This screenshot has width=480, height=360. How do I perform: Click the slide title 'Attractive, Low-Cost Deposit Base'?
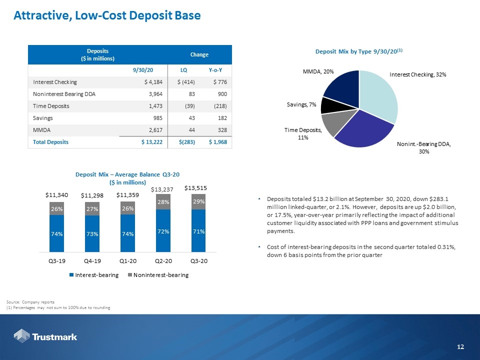tap(107, 15)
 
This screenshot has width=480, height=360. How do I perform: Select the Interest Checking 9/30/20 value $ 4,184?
tap(153, 82)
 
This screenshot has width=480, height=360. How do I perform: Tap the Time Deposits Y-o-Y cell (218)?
tap(220, 106)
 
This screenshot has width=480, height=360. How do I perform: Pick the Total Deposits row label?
tap(51, 142)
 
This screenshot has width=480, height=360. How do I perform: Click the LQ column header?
tap(183, 70)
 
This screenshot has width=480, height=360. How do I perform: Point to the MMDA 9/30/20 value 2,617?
tap(156, 130)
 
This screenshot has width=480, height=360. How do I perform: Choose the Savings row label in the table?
tap(43, 118)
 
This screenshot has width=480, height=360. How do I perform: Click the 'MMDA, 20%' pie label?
tap(318, 71)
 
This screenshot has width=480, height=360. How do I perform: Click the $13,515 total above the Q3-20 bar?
tap(195, 188)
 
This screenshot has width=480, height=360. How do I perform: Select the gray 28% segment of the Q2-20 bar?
tap(163, 201)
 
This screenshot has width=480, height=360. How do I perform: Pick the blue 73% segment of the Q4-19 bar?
tap(92, 234)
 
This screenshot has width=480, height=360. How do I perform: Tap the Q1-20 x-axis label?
tap(128, 261)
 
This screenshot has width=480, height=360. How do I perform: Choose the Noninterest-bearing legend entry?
tap(158, 275)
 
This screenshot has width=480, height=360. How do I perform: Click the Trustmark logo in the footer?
tap(45, 336)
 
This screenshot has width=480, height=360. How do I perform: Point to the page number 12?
tap(460, 346)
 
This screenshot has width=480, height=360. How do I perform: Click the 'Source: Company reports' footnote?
tap(30, 302)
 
